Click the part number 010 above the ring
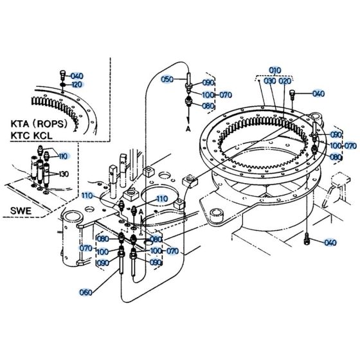pos(275,69)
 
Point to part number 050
pos(167,79)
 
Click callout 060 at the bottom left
pos(85,292)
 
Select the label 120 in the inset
pos(77,85)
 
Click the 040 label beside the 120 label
pos(77,75)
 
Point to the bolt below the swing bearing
pos(307,240)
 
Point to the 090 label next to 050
pos(208,83)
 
